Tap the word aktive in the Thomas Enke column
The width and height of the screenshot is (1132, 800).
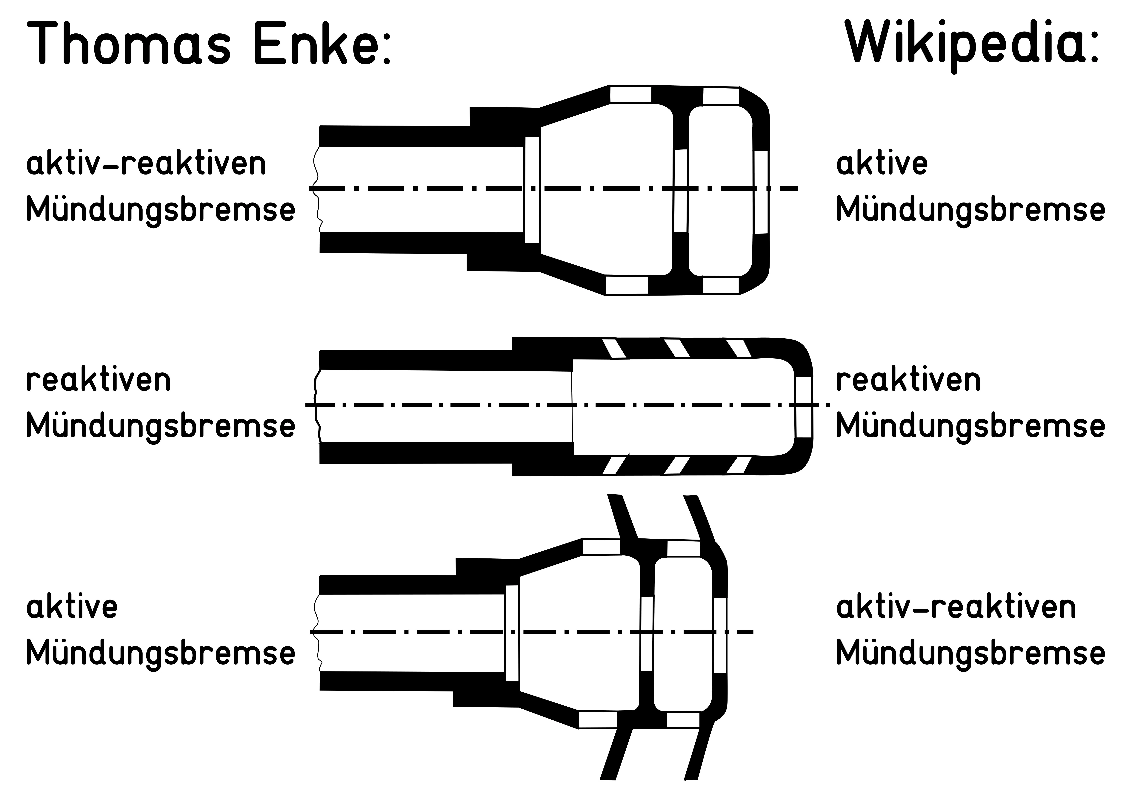point(72,607)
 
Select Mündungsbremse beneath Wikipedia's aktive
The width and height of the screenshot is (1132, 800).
point(970,209)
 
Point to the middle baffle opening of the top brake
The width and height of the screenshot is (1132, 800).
point(680,190)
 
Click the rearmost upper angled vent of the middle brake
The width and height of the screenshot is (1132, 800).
point(614,348)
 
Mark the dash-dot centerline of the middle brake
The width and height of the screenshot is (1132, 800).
point(444,405)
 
